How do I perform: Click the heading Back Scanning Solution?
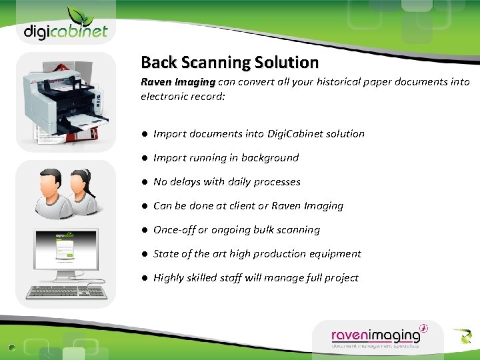pos(229,63)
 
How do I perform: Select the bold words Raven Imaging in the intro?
pos(177,82)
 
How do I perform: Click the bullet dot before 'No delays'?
pos(144,182)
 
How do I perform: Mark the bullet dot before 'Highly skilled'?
pos(144,278)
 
